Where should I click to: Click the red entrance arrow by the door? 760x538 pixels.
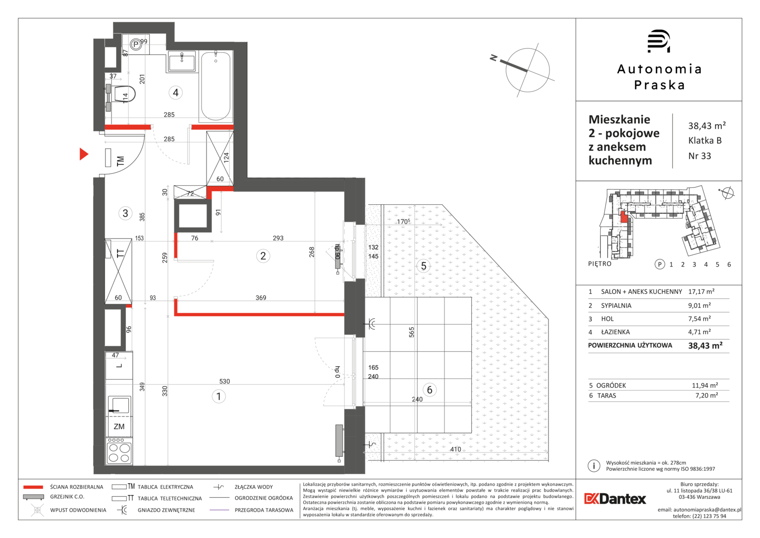(84, 154)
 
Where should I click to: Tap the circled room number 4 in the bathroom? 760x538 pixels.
(175, 92)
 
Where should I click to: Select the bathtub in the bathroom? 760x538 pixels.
(216, 86)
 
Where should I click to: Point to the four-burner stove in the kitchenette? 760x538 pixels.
(119, 452)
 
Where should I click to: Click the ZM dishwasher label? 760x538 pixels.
(119, 426)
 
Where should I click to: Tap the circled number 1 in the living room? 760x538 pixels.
(218, 396)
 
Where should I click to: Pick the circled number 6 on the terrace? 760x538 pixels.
(430, 390)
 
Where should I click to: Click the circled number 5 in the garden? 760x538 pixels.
(424, 266)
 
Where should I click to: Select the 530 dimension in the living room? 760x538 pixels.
(224, 381)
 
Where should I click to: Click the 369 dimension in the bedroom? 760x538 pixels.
(261, 297)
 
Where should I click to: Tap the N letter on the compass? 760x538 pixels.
(494, 58)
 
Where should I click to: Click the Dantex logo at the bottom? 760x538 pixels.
(615, 499)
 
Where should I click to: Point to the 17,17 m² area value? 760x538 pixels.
(701, 291)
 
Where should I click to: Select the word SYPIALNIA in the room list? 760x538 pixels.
(616, 305)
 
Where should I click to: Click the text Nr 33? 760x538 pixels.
(700, 156)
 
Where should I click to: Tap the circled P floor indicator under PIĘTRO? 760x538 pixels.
(659, 264)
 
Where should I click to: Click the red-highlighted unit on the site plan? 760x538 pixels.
(624, 217)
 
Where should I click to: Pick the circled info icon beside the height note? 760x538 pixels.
(594, 466)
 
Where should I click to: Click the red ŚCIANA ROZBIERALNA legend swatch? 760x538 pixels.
(33, 487)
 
